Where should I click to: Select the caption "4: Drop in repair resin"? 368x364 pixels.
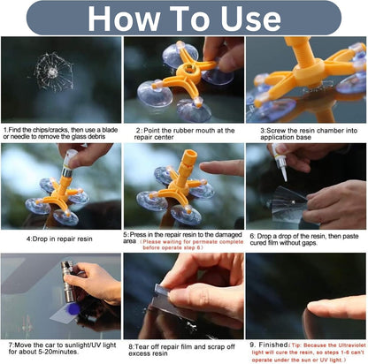coord(60,238)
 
